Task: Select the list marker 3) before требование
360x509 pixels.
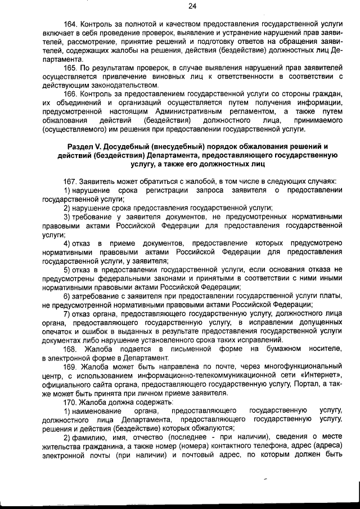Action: pyautogui.click(x=66, y=217)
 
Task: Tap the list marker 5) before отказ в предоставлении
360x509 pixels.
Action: pyautogui.click(x=66, y=269)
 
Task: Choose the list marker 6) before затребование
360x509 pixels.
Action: pyautogui.click(x=66, y=296)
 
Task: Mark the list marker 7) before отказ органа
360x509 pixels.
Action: pyautogui.click(x=66, y=313)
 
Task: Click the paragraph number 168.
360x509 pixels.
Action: pyautogui.click(x=71, y=349)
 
